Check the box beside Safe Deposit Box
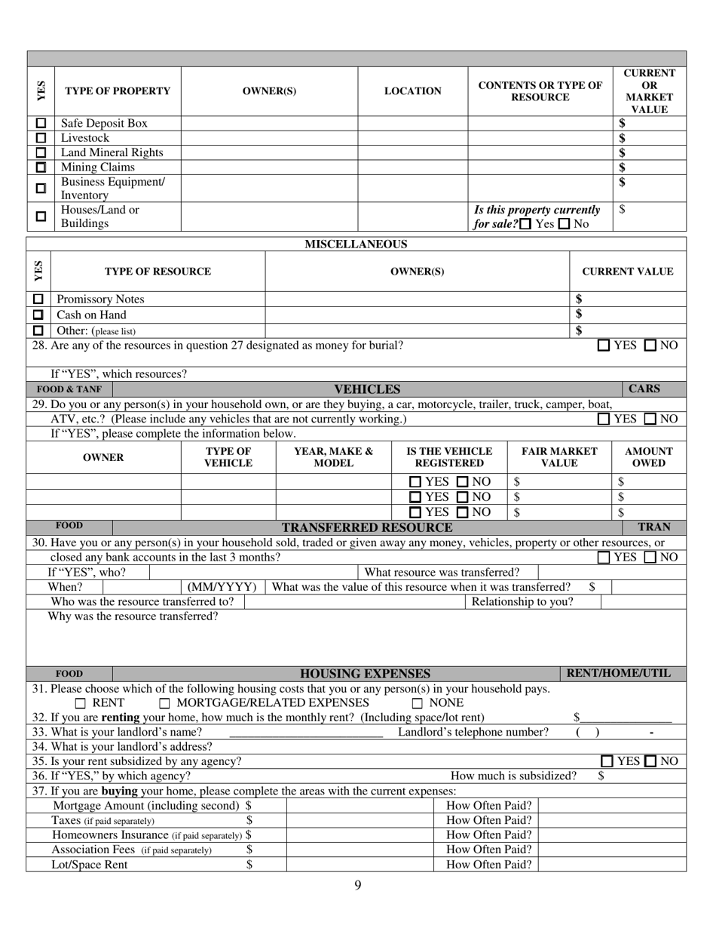(41, 123)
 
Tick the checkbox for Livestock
(41, 138)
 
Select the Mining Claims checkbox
(41, 167)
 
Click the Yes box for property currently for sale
(525, 224)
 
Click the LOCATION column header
(413, 91)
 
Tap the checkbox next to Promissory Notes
(38, 300)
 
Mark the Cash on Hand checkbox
(38, 315)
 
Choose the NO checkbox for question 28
(651, 346)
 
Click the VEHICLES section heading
(367, 389)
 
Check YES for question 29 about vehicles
(604, 419)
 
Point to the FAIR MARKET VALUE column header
(559, 457)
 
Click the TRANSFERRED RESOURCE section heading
(367, 527)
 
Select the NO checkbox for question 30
(651, 558)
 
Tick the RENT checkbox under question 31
(81, 703)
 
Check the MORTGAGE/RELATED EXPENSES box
(165, 703)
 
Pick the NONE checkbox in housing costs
(418, 703)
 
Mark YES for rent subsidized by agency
(607, 762)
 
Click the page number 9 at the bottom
(358, 885)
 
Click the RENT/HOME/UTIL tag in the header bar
(617, 674)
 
